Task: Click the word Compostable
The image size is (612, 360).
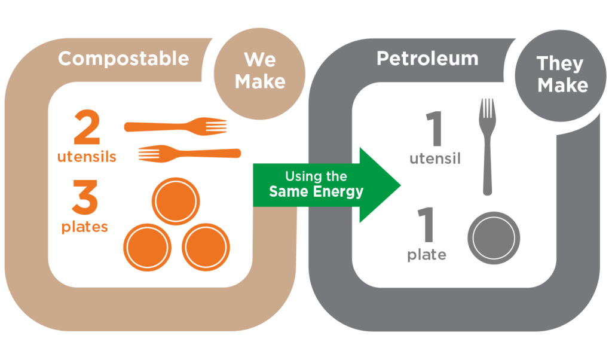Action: [x=123, y=59]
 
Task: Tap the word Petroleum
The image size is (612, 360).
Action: [x=427, y=59]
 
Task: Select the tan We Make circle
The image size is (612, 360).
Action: [x=259, y=71]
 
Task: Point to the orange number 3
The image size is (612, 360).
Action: [x=84, y=199]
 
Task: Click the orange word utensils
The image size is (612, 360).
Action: [x=87, y=157]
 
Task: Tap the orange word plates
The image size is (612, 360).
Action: [x=85, y=227]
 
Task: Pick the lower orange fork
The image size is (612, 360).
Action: [x=189, y=153]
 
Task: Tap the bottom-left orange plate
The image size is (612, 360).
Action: [x=147, y=247]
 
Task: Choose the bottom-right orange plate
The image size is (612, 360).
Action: [x=205, y=247]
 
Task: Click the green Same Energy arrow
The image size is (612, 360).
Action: [x=323, y=185]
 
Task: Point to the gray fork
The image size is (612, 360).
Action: [x=488, y=147]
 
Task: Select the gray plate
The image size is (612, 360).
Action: [x=494, y=238]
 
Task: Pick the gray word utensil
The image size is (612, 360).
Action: [x=435, y=159]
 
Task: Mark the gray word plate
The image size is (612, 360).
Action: [x=427, y=255]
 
